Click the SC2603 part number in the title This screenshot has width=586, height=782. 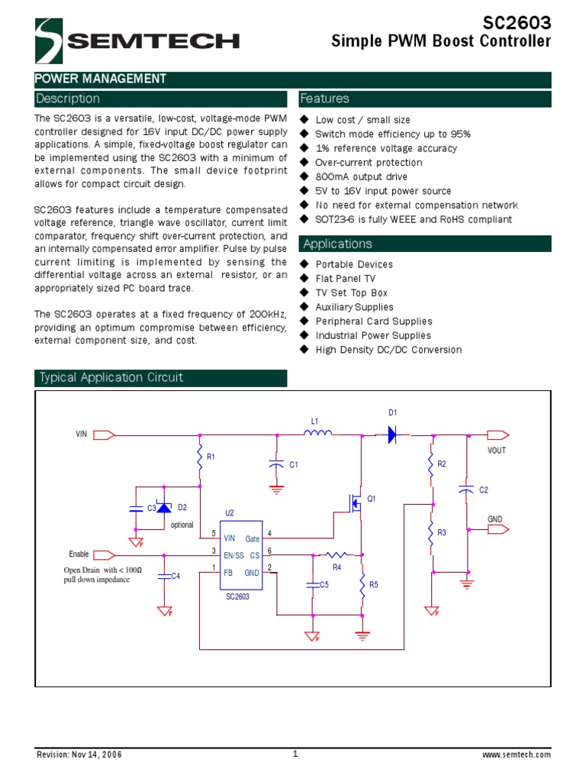(x=516, y=22)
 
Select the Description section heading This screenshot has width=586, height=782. (x=68, y=99)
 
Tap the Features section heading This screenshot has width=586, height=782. (x=324, y=99)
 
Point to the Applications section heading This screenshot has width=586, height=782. (x=336, y=244)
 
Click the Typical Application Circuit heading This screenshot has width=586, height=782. (x=111, y=377)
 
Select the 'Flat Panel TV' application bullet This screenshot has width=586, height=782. (x=346, y=279)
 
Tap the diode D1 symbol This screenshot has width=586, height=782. (x=392, y=435)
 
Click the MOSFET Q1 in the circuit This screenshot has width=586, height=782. (x=355, y=502)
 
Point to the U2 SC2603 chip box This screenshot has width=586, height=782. (x=241, y=555)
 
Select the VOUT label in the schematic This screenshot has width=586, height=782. (x=497, y=451)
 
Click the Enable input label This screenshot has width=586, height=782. (x=79, y=554)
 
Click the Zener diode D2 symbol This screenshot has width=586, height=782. (x=164, y=507)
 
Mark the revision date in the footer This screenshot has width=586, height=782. (x=79, y=755)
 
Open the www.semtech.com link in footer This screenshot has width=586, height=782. (x=517, y=755)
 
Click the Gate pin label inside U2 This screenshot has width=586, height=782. (x=253, y=539)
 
